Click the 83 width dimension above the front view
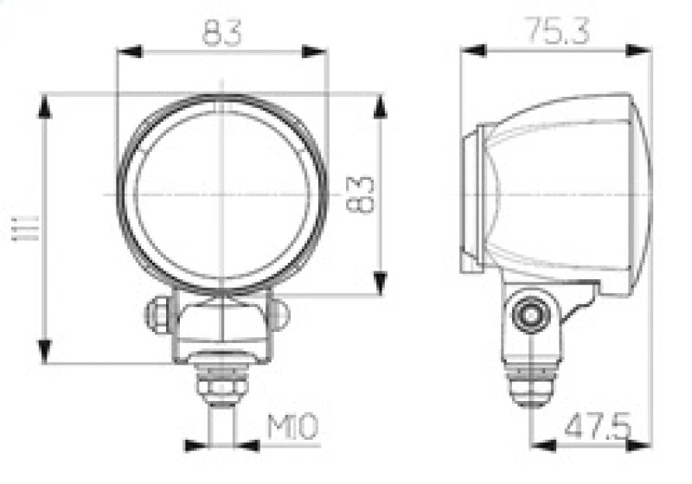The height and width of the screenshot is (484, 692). tap(222, 33)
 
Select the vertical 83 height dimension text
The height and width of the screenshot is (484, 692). tap(363, 194)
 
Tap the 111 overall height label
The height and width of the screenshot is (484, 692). tap(18, 230)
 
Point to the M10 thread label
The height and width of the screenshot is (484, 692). tap(293, 427)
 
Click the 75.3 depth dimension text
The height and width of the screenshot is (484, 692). tap(554, 32)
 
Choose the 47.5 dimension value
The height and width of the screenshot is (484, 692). tap(597, 427)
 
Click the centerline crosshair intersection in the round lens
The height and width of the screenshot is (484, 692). tap(222, 193)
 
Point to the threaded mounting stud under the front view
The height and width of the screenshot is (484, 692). tap(222, 385)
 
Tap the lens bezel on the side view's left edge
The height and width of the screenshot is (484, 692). tap(471, 199)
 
